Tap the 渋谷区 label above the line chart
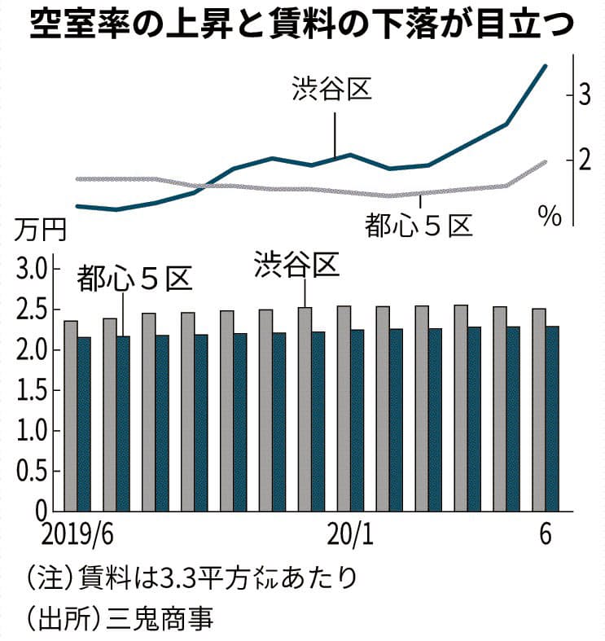332,89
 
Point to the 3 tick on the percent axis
585,94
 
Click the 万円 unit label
35,230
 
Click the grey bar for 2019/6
70,415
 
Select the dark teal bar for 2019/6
84,424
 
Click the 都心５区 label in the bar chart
134,279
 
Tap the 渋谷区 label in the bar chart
295,264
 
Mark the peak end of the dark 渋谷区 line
546,66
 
